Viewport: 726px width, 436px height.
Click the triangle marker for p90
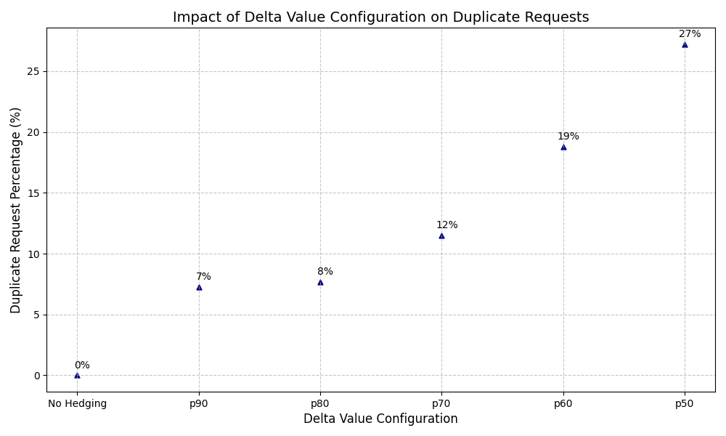[199, 287]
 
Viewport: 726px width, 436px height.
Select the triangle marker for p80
[320, 282]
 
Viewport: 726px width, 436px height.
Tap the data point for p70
[441, 235]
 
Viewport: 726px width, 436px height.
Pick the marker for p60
[563, 147]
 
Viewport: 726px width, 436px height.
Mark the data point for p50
[685, 44]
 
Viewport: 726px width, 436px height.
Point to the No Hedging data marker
[77, 375]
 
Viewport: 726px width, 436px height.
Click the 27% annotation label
[690, 33]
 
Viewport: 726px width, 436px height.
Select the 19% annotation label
[568, 136]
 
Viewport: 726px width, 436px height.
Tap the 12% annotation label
[447, 225]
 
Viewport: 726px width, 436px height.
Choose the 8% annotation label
[325, 271]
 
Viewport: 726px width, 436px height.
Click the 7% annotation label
[203, 276]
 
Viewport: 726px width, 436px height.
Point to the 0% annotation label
[82, 365]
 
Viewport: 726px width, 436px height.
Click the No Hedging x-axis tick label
[77, 403]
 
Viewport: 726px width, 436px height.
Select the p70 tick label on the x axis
[441, 403]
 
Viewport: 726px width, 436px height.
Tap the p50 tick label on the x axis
[685, 403]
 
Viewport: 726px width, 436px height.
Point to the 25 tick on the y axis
[34, 71]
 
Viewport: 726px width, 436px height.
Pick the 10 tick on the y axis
[34, 254]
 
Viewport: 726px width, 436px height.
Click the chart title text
[380, 17]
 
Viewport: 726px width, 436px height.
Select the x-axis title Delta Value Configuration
[380, 419]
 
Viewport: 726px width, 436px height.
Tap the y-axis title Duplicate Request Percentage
[16, 210]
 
